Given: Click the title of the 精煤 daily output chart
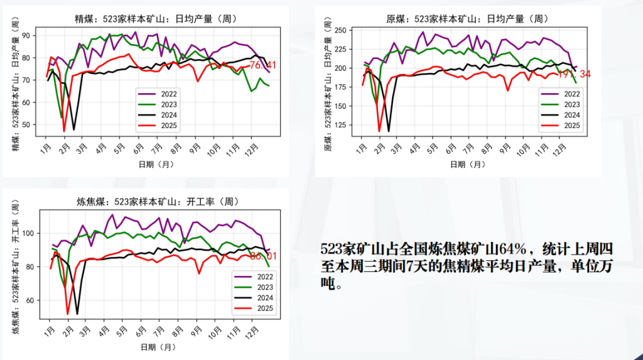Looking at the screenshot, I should [x=154, y=19].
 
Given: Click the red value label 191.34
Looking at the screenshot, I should [x=574, y=74].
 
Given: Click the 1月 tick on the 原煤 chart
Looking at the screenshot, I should [x=362, y=148].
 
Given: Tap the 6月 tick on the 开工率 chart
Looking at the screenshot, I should [x=143, y=330].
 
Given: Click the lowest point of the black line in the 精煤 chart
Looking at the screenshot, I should [x=74, y=129].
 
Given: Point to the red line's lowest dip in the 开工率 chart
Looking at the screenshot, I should [x=68, y=314].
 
